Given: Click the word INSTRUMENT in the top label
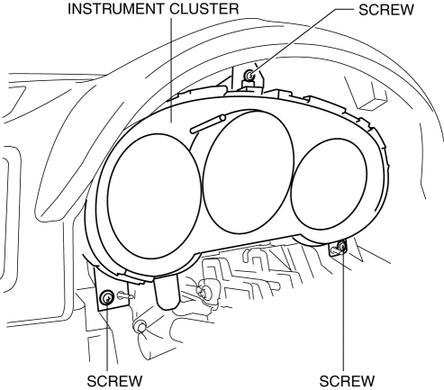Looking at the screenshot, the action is (116, 9).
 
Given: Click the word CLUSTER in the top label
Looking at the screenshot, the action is (204, 9).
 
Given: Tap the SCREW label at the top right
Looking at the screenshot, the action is (386, 10).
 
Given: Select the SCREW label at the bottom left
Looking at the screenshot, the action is (114, 381).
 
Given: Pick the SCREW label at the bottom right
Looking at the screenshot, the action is (347, 381).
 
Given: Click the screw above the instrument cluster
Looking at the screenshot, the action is (249, 75).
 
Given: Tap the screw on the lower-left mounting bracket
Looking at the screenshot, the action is (106, 297).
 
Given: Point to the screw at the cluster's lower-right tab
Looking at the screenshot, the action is (341, 247).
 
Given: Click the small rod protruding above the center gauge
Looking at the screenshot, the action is (208, 124).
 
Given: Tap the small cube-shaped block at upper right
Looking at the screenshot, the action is (372, 101).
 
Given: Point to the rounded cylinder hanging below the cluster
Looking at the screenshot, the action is (167, 292).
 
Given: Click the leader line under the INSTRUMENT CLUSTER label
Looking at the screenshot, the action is (171, 70).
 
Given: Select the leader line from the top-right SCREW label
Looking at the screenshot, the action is (303, 41).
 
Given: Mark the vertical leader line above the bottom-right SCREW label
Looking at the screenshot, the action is (343, 310).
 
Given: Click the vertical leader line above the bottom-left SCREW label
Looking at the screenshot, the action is (107, 336).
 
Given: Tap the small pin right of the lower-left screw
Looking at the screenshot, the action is (125, 295).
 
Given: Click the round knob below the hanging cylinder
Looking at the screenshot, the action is (140, 326).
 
